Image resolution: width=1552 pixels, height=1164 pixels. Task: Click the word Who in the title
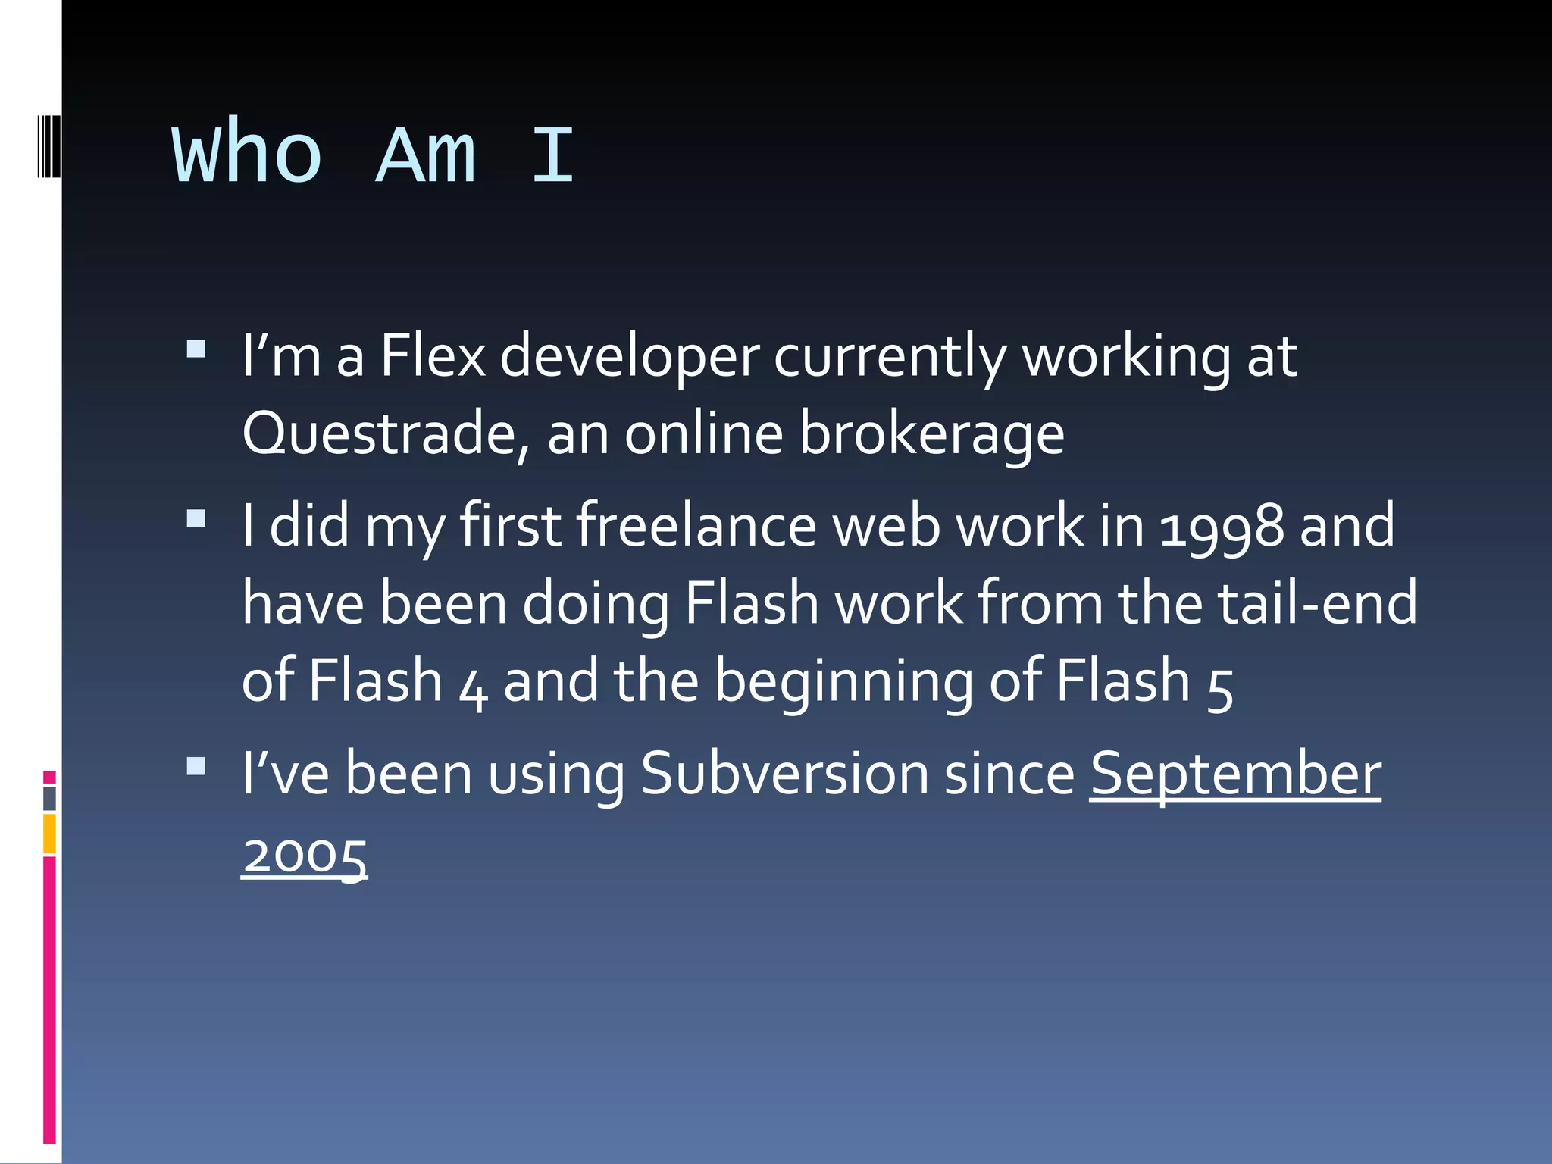point(248,155)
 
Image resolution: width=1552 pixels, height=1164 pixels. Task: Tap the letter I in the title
point(552,155)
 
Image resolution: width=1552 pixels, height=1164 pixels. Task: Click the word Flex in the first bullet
point(433,356)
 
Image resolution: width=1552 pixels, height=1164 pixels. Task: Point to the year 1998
point(1222,527)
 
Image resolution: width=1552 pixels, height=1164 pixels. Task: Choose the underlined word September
point(1235,774)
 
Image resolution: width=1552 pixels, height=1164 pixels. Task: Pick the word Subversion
point(784,774)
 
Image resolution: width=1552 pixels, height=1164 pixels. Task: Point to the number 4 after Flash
point(473,685)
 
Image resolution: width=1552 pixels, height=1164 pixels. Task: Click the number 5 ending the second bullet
point(1220,685)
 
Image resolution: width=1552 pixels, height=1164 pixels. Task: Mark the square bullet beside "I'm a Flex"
point(196,349)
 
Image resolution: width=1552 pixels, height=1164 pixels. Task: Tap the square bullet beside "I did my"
point(196,519)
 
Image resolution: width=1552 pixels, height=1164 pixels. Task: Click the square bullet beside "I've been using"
point(196,766)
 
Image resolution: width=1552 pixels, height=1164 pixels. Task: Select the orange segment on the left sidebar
point(50,833)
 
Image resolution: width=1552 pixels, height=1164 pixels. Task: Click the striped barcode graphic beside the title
point(48,145)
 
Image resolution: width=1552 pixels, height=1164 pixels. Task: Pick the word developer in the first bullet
point(630,356)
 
